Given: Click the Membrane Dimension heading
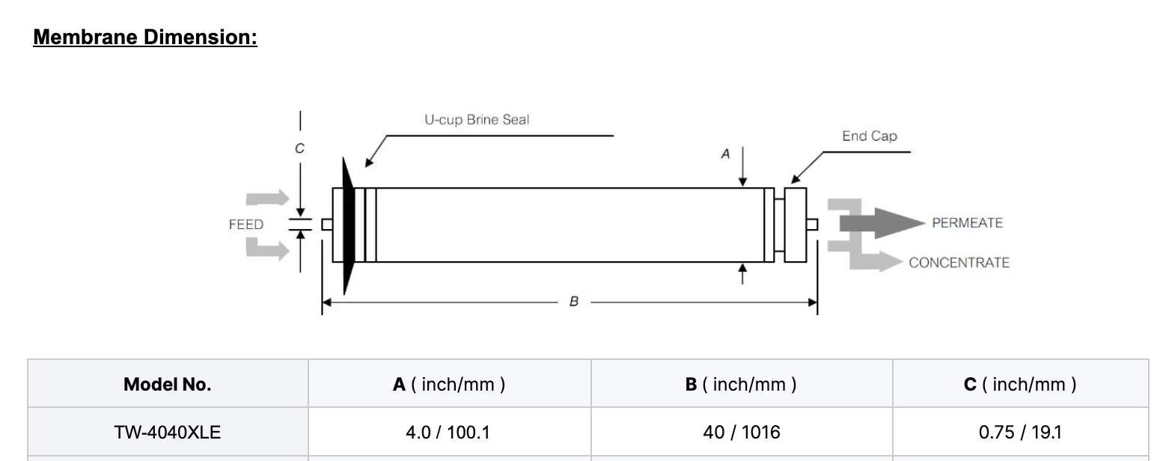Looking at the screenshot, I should [145, 37].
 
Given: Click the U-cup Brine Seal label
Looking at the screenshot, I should [476, 120].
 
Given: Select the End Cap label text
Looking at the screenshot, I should [869, 136].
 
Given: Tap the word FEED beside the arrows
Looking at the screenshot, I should [246, 225].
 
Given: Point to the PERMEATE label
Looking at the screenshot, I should [967, 223].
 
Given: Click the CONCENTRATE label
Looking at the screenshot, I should [959, 263].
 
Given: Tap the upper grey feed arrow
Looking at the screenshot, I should [268, 198].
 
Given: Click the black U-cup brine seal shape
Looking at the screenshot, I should [347, 225].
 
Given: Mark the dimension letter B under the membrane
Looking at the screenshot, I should [573, 302].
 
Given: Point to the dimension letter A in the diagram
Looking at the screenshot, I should [724, 154].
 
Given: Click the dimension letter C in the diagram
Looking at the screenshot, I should [299, 149].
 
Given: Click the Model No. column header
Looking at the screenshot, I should [168, 385].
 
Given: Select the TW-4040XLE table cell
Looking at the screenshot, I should [168, 432].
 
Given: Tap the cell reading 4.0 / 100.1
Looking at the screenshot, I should [448, 432].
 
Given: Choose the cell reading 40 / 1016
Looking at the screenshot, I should [741, 432].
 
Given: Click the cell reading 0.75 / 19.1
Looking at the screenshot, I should [1019, 432].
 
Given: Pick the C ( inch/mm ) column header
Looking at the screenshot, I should [1019, 385].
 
